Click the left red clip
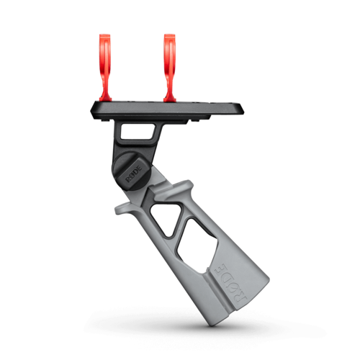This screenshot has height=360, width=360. pos(105,67)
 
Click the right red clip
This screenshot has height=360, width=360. pos(169,67)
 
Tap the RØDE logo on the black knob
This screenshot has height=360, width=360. pos(134,174)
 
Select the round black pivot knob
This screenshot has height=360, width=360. pos(130,171)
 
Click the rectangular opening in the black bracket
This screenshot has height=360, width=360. pos(137,131)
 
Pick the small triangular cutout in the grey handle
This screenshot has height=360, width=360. pos(166,219)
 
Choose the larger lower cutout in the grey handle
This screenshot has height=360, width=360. pos(196,243)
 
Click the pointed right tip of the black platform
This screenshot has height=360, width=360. pos(243,112)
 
